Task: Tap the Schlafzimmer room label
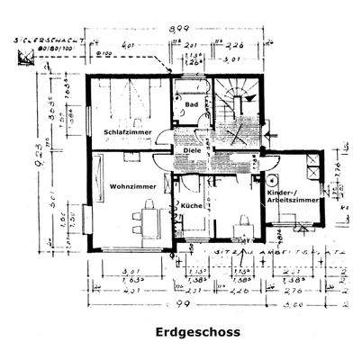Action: pyautogui.click(x=127, y=130)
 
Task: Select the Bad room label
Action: pyautogui.click(x=191, y=104)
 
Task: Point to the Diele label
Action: pyautogui.click(x=191, y=150)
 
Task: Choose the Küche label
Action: pyautogui.click(x=191, y=206)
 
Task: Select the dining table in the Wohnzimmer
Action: pyautogui.click(x=143, y=219)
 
